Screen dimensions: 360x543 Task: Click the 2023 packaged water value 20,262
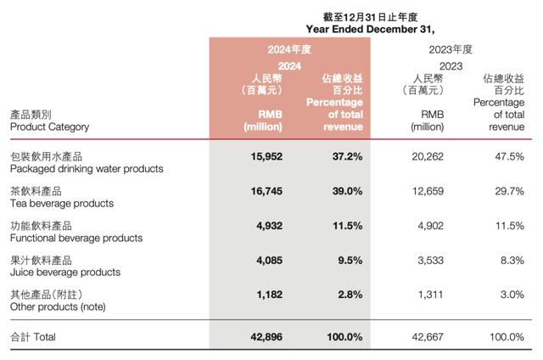click(x=416, y=157)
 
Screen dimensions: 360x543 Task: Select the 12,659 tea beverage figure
click(x=416, y=193)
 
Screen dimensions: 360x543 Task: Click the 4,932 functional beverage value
click(x=267, y=227)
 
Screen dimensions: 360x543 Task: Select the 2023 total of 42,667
click(x=416, y=337)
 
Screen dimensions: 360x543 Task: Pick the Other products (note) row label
click(x=56, y=307)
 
